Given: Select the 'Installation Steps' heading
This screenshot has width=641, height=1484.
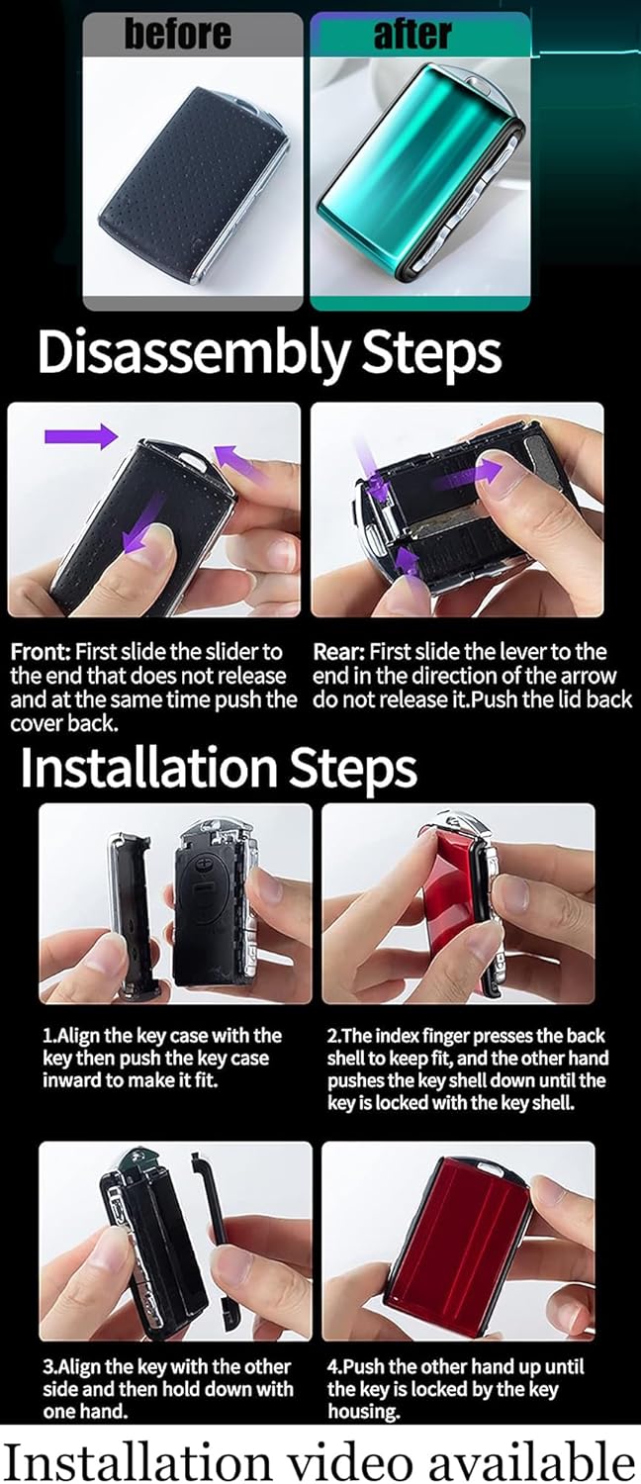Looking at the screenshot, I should [219, 768].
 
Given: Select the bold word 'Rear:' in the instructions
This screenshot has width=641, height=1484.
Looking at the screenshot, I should [338, 652].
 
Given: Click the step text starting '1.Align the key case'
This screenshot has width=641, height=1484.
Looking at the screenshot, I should [162, 1058].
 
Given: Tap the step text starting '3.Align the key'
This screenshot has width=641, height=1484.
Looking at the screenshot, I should [167, 1388].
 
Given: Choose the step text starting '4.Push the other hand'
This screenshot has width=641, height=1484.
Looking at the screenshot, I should [456, 1388].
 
